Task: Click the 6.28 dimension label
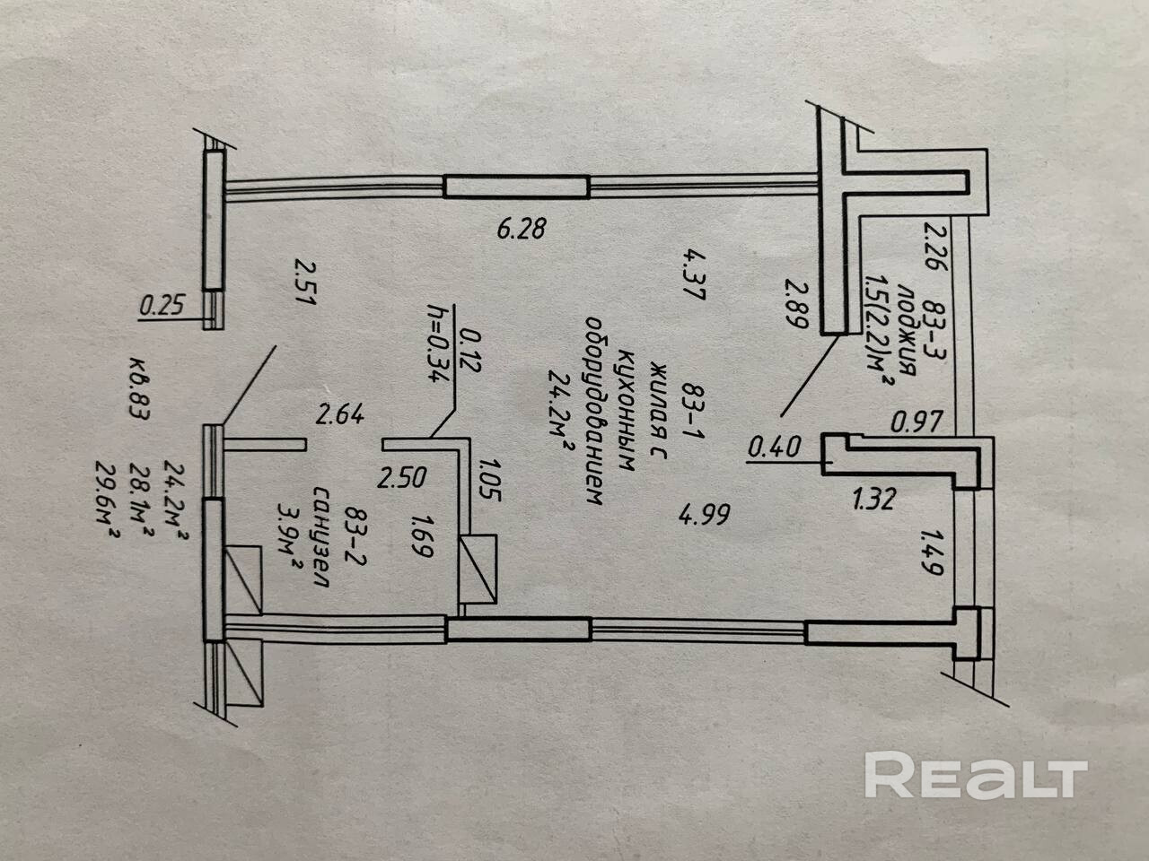[x=522, y=230]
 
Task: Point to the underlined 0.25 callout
[x=162, y=306]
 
